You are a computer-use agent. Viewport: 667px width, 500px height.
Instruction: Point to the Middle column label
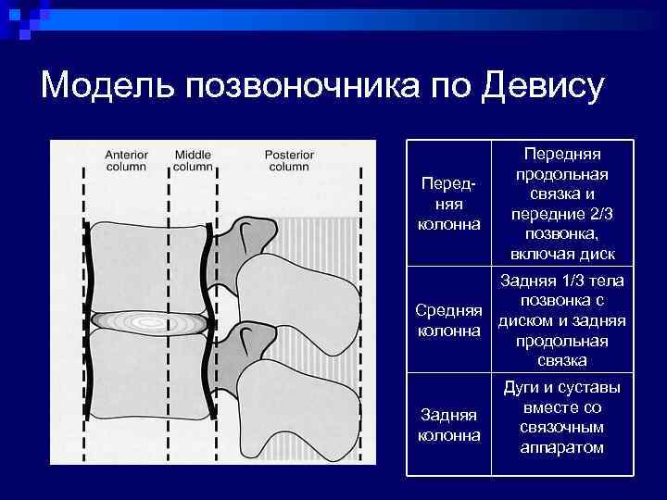pos(193,160)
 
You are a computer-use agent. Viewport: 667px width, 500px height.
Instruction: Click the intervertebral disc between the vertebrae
pos(148,322)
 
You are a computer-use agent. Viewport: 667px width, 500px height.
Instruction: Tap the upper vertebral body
pos(148,269)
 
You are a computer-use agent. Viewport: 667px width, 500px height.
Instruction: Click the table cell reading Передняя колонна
pos(449,202)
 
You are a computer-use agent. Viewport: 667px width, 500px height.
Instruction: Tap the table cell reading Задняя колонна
pos(450,425)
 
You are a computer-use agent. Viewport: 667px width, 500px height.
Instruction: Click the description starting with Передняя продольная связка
pos(562,202)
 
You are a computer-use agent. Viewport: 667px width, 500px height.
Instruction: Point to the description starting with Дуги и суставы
pos(562,418)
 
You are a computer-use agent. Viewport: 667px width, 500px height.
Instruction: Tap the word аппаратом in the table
pos(562,447)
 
